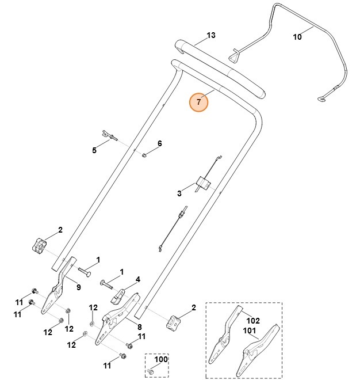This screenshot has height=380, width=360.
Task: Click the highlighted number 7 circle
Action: pos(199,102)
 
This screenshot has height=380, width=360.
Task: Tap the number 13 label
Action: pos(210,36)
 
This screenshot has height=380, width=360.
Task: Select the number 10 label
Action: pos(297,37)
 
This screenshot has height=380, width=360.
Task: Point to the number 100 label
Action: pos(160,359)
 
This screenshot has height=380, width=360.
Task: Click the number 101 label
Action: pos(250,330)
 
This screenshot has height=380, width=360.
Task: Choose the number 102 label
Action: pos(254,321)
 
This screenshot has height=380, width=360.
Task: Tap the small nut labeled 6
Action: pos(146,154)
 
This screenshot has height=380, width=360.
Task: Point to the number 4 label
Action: pos(137,280)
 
